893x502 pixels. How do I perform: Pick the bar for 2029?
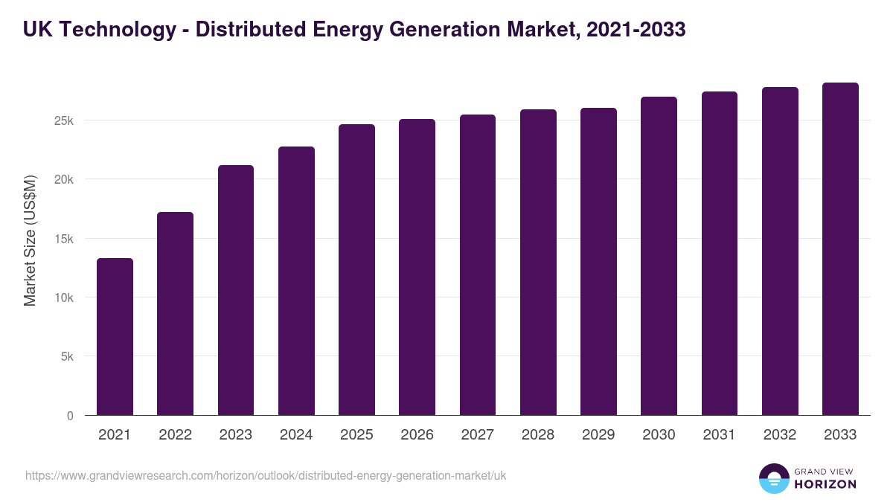coord(598,262)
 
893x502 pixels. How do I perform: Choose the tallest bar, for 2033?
coord(840,249)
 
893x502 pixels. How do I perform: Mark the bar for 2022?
coord(175,314)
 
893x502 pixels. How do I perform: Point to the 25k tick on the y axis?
coord(64,120)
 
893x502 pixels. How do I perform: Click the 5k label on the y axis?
coord(67,356)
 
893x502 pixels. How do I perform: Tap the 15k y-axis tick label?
coord(64,239)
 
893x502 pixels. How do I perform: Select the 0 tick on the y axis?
coord(70,416)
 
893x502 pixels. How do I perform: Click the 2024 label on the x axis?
coord(296,435)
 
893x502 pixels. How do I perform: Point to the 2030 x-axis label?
coord(659,435)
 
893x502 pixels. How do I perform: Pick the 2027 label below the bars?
coord(477,435)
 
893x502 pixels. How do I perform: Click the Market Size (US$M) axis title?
coord(30,239)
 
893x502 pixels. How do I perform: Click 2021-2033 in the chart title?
coord(636,30)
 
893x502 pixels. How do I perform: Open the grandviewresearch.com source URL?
coord(266,475)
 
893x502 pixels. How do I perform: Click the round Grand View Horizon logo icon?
coord(774,478)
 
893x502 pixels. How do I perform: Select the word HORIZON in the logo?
coord(825,484)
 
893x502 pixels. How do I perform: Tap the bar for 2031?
coord(719,254)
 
